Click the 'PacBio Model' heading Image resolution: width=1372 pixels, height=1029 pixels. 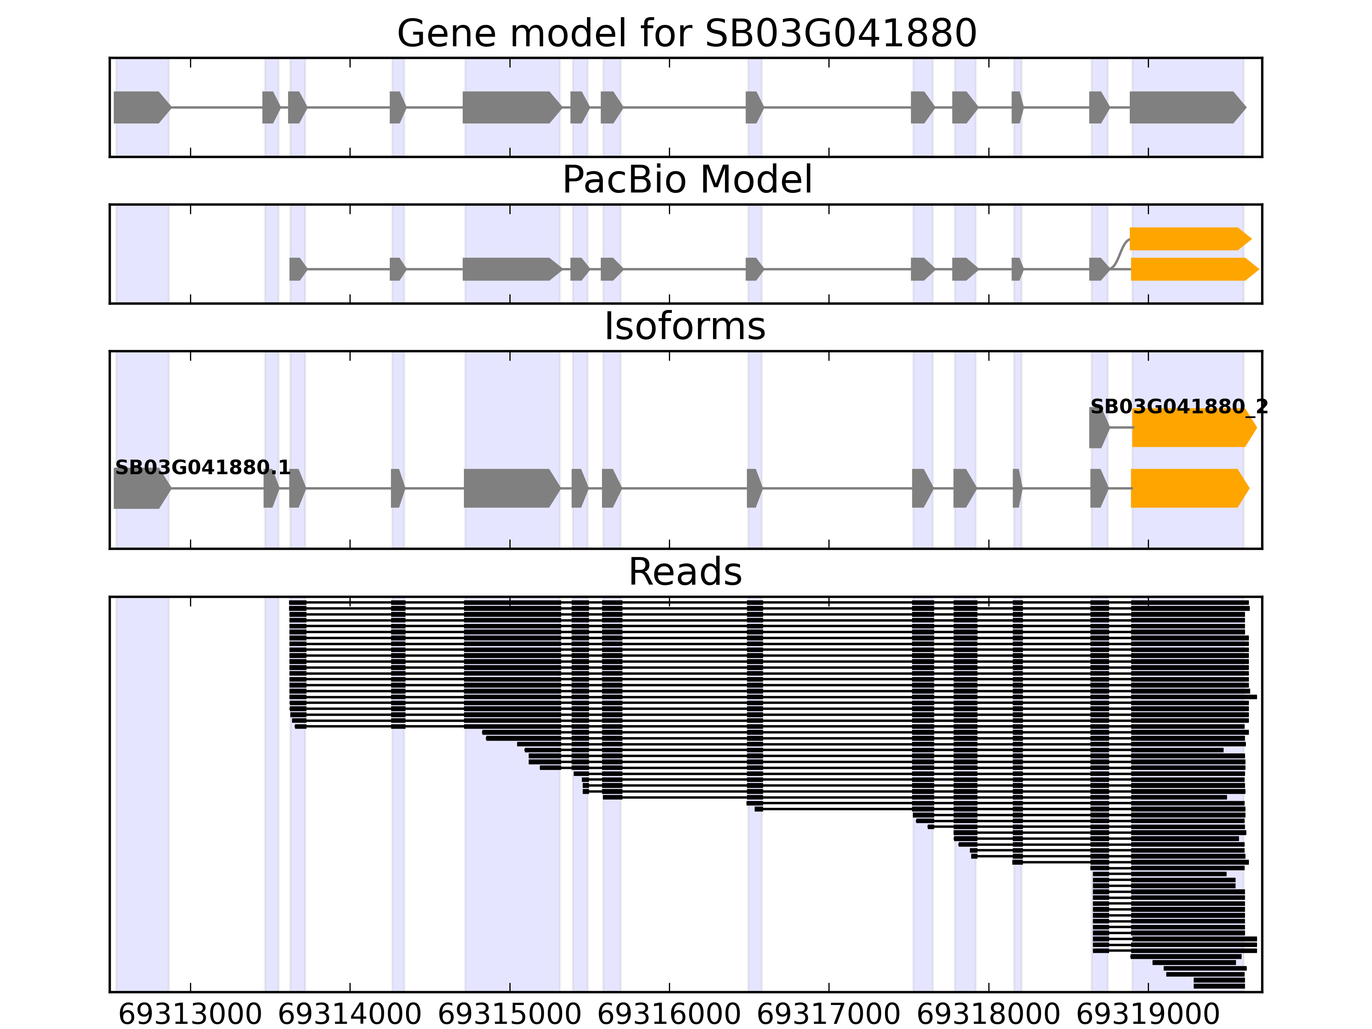686,180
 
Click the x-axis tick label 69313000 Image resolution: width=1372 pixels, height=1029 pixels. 190,1015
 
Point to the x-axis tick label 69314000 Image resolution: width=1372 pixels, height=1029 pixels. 350,1015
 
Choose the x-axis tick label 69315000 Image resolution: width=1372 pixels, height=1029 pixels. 509,1015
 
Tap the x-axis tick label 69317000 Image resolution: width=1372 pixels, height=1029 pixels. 829,1015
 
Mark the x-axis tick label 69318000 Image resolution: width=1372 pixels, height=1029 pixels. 988,1015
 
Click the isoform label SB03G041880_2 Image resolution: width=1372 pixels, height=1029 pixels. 1179,407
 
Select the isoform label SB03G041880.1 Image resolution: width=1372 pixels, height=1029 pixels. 203,467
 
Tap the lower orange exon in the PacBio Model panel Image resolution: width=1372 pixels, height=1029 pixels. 1191,269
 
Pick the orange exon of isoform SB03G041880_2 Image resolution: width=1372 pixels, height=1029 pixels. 1191,428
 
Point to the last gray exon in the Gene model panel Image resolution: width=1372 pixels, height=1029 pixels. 1185,107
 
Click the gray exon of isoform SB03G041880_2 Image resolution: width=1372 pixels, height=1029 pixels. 1098,428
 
